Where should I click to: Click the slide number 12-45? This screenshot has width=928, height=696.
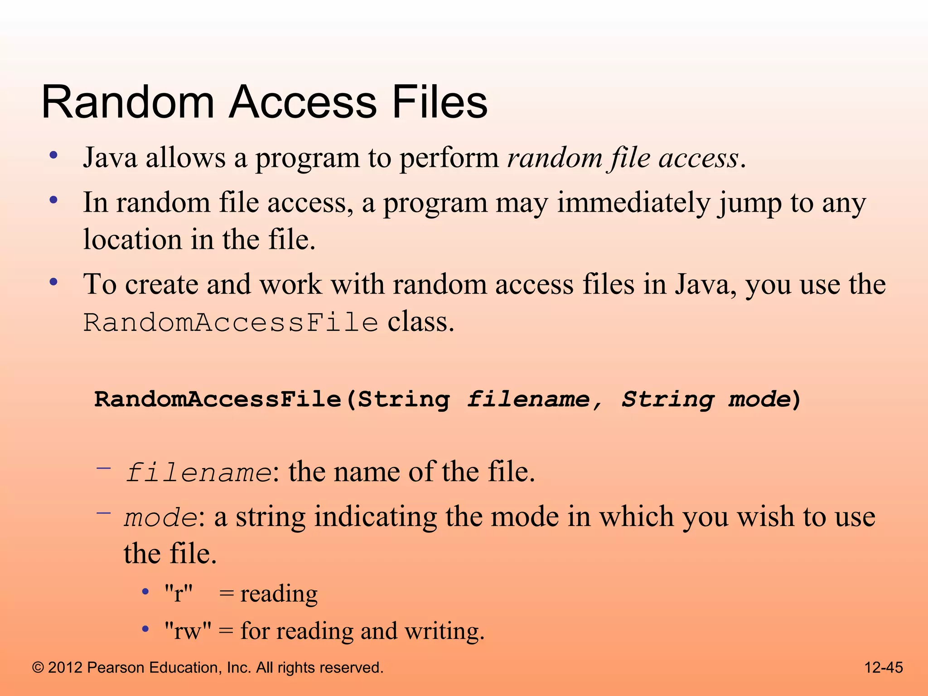click(x=884, y=667)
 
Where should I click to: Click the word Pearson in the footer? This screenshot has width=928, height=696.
click(x=115, y=668)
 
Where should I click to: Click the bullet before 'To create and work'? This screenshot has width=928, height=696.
click(x=54, y=282)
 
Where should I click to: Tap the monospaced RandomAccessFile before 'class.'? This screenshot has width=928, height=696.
click(x=231, y=323)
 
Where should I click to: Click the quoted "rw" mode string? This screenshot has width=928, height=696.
click(x=188, y=631)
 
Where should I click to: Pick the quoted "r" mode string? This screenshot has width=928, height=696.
click(x=179, y=594)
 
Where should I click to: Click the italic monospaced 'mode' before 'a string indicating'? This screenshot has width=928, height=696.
click(x=160, y=518)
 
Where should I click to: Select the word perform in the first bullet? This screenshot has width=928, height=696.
click(x=449, y=159)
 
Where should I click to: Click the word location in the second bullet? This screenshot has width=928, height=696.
click(x=133, y=240)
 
